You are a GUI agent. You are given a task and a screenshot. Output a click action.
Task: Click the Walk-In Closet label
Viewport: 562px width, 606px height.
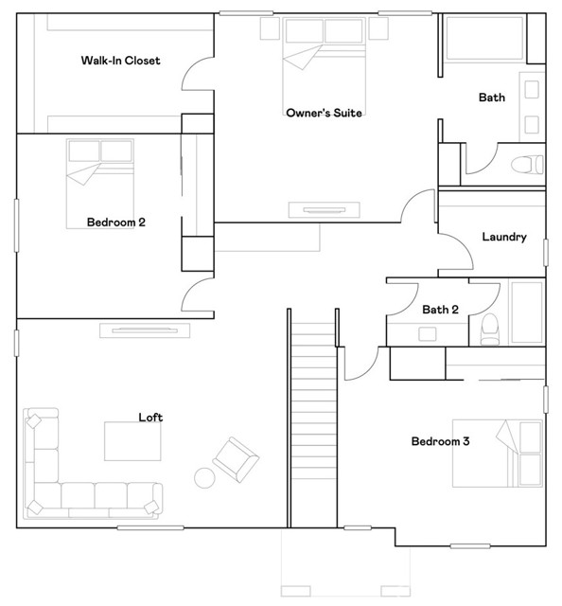coord(120,61)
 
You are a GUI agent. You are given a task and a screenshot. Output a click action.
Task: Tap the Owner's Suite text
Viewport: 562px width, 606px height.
coord(325,113)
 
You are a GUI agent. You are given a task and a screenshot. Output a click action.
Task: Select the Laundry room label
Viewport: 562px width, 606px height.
coord(504,237)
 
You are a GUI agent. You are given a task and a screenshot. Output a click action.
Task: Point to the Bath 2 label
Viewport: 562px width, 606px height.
coord(440,310)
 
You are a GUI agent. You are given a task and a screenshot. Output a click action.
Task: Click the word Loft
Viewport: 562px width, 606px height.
coord(150,418)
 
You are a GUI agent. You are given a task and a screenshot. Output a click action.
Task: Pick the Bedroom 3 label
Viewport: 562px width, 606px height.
coord(440,441)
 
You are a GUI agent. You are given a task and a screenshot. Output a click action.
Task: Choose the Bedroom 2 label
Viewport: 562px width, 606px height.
coord(115,223)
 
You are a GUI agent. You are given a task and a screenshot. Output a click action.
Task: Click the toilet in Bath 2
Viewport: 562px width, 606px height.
coord(490,329)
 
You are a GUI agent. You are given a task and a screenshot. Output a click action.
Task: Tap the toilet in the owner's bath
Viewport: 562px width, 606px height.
coord(527,165)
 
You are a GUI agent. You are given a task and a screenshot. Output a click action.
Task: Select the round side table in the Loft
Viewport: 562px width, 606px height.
coord(204,478)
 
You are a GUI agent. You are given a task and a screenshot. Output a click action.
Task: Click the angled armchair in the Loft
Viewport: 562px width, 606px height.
coord(236,459)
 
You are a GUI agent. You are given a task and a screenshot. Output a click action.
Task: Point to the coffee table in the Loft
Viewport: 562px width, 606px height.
coord(132,441)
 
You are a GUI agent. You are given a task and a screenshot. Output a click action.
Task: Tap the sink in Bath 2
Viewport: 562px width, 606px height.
coord(428,334)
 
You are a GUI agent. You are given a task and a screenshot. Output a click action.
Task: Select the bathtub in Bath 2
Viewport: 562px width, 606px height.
coord(527,312)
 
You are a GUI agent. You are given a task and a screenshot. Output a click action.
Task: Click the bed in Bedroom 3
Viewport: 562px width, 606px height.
coord(498,454)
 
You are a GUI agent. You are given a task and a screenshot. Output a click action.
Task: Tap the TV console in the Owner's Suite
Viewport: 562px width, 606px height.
coord(325,210)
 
